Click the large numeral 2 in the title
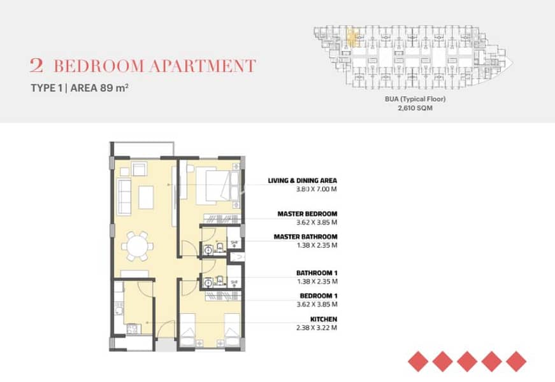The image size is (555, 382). (36, 66)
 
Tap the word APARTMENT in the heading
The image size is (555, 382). (202, 66)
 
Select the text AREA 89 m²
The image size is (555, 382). (99, 88)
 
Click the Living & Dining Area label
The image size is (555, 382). (302, 181)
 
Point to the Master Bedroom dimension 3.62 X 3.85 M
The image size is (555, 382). (317, 222)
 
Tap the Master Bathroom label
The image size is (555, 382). (305, 237)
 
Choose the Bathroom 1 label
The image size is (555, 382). (317, 273)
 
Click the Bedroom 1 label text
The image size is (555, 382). (319, 295)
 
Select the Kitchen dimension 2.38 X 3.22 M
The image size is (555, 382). (317, 327)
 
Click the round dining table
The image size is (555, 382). (138, 246)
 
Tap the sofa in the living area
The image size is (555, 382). (124, 197)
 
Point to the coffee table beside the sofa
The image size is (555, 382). (146, 197)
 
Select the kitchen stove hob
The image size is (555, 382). (133, 330)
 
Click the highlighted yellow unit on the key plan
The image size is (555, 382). (352, 38)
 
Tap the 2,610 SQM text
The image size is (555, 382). (415, 108)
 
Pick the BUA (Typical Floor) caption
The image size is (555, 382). (415, 99)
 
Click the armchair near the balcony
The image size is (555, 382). (139, 169)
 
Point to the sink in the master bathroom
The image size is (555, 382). (208, 250)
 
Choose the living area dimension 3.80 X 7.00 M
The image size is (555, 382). (317, 189)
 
